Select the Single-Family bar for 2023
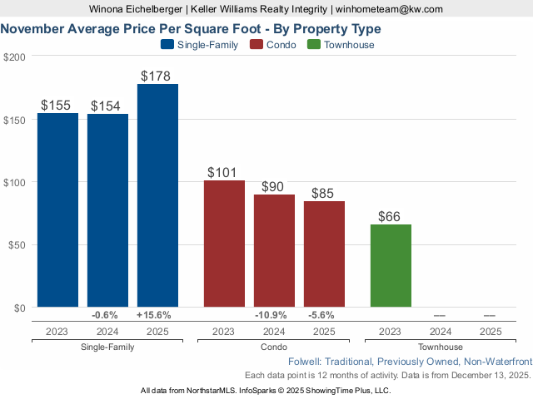[57, 210]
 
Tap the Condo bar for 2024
[274, 251]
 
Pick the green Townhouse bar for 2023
[390, 266]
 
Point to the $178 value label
[156, 76]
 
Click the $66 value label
[389, 216]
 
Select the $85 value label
[323, 193]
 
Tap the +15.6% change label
[157, 315]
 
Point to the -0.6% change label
[107, 315]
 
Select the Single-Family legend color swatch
[167, 45]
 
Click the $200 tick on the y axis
[14, 57]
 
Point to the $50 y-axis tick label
[17, 245]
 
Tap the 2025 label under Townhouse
[490, 332]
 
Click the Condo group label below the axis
[273, 347]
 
